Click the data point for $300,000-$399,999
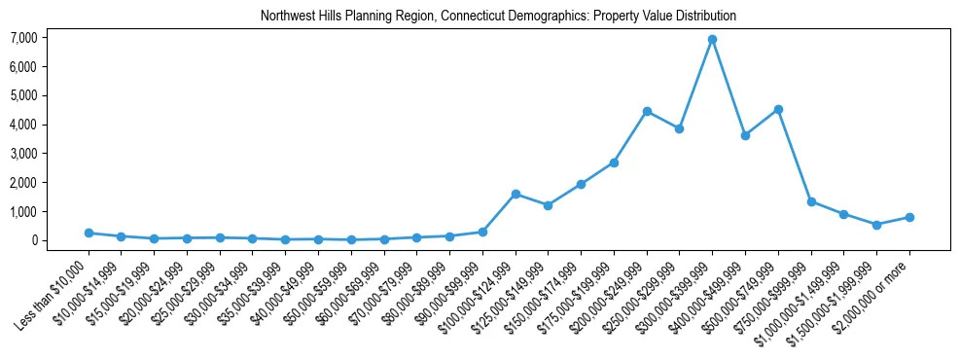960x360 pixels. click(712, 40)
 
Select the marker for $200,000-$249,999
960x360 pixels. click(647, 111)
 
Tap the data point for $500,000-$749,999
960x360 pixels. click(778, 110)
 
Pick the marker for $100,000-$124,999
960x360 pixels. click(516, 194)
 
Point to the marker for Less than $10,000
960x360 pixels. click(89, 233)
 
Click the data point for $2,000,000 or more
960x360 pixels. click(909, 217)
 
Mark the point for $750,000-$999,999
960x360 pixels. click(811, 201)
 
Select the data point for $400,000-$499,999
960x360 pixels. click(745, 135)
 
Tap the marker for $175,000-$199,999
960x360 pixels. click(614, 162)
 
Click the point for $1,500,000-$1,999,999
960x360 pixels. click(876, 225)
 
